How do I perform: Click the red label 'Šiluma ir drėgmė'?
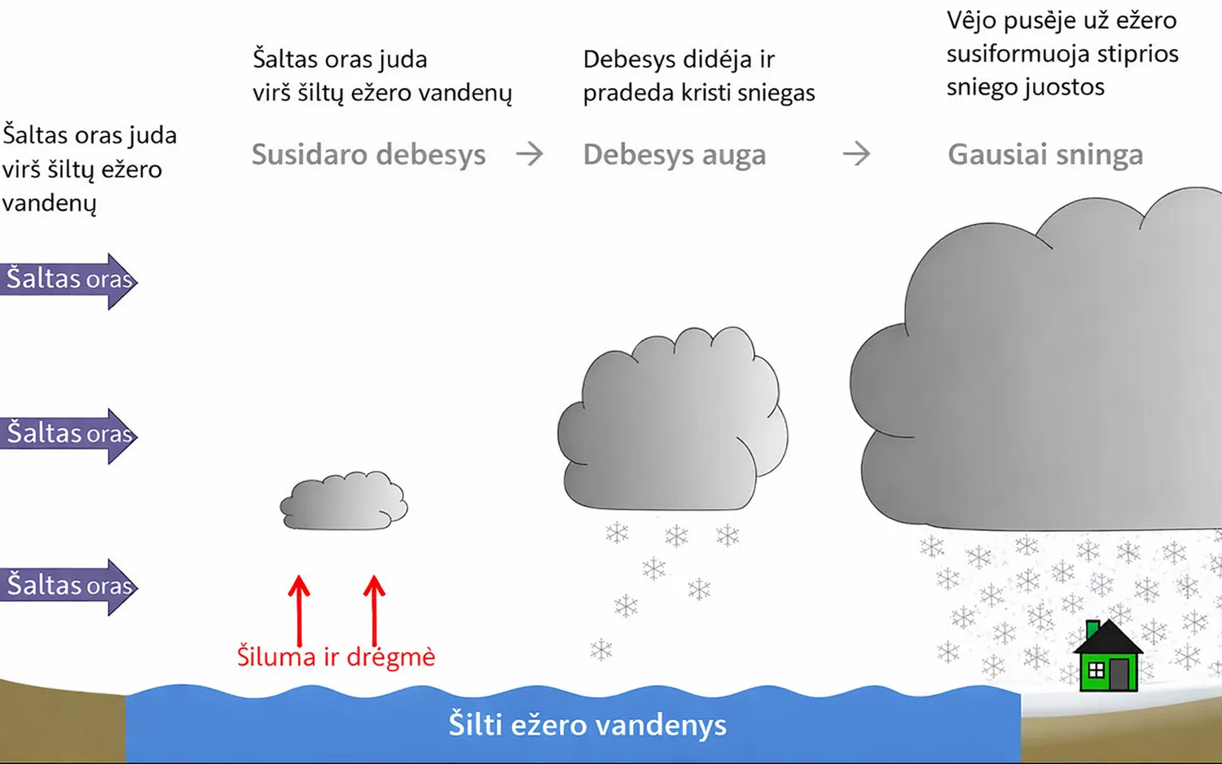336,656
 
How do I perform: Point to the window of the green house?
1096,671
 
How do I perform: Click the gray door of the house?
1119,674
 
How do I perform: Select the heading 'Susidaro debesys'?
368,155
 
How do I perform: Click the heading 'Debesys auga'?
675,155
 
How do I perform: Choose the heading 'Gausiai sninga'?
1045,155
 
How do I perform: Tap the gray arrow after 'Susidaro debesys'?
530,154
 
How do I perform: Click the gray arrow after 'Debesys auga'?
856,154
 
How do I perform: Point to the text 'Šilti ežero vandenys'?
587,724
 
